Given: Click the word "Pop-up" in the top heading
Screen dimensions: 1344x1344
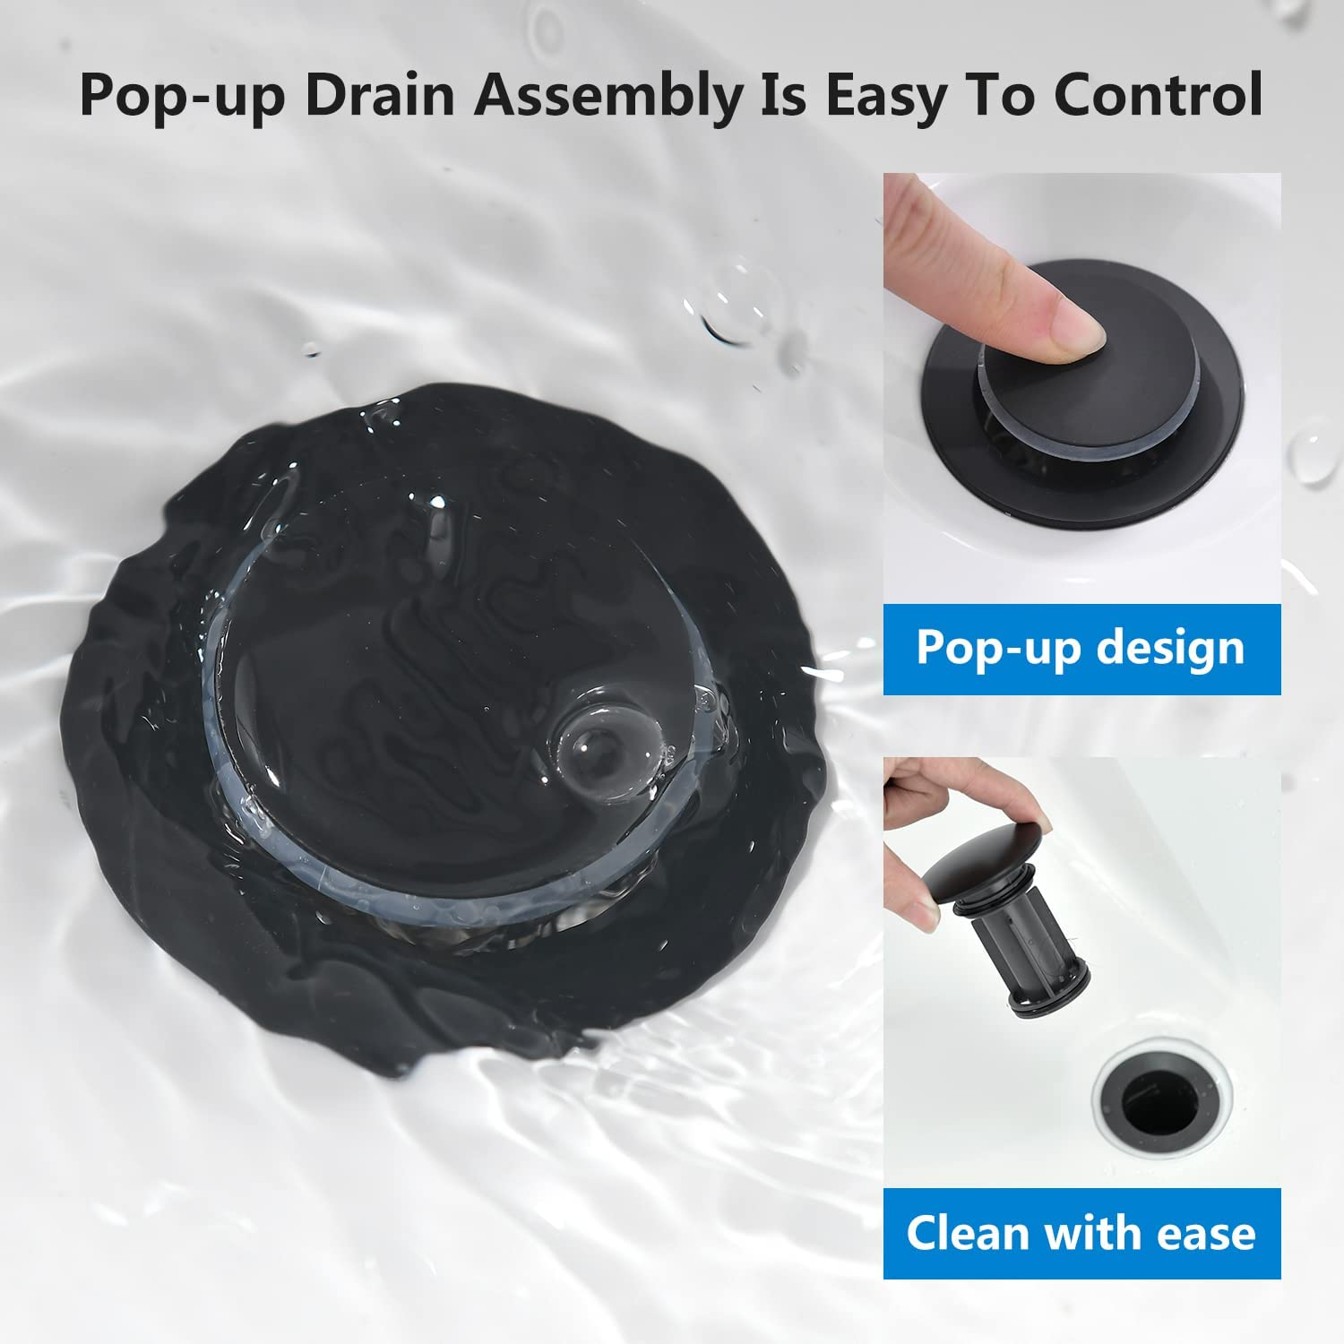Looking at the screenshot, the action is tap(182, 94).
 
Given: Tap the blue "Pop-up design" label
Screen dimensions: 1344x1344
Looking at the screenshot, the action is tap(1081, 650).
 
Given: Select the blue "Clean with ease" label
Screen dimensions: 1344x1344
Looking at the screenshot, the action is tap(1081, 1233).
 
